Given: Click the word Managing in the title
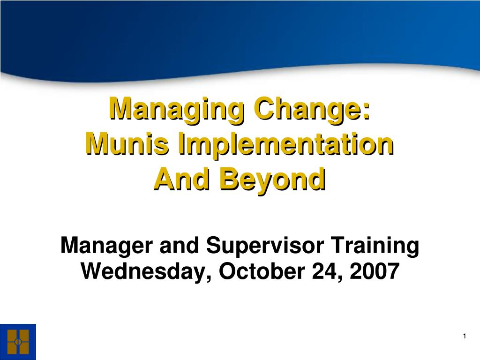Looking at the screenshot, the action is click(x=177, y=110).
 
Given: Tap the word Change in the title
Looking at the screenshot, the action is click(x=309, y=110).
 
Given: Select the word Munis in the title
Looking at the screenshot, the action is click(x=127, y=144).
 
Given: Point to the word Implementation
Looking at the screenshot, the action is click(x=285, y=145).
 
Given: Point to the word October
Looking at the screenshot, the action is click(x=262, y=271).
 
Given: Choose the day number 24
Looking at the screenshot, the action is click(x=325, y=271).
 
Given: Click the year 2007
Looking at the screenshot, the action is click(x=375, y=271).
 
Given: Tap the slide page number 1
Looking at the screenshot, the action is click(x=465, y=336).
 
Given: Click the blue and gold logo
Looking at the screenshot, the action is click(x=18, y=342).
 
